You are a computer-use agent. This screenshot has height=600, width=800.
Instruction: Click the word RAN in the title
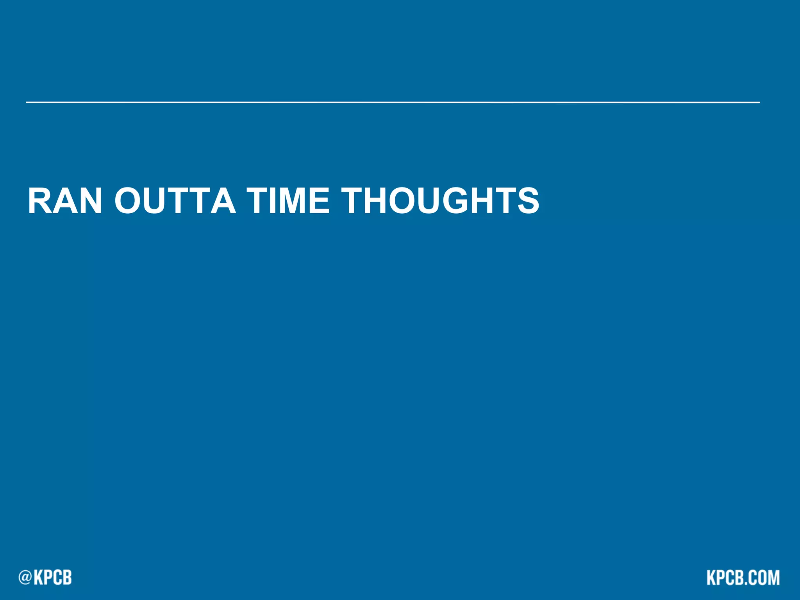65,201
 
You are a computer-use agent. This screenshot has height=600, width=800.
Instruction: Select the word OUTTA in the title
175,201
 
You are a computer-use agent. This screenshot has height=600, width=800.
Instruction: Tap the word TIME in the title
288,201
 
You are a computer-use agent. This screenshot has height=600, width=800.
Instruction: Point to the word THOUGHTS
440,201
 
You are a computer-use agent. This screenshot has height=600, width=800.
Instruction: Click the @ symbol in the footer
25,577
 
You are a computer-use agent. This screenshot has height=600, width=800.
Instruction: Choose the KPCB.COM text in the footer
743,578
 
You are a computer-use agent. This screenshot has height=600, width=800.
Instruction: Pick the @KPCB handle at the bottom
45,577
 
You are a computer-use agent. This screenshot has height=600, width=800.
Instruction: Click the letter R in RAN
39,201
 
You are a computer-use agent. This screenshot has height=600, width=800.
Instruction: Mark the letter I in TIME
265,201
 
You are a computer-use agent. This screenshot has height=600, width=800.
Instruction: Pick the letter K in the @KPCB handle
39,577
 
